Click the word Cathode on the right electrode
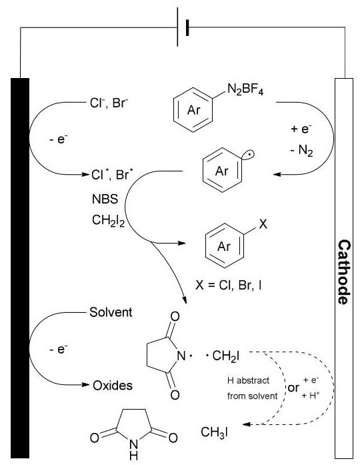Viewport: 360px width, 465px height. (344, 272)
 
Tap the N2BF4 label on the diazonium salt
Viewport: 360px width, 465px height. (245, 89)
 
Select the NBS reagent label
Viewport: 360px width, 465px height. (105, 199)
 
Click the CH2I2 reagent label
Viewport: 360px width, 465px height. (108, 221)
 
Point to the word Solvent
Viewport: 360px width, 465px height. (111, 312)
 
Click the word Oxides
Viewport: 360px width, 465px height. (113, 386)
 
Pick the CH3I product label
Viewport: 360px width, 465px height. (215, 433)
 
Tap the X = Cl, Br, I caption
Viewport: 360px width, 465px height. (229, 286)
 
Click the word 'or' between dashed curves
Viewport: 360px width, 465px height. (293, 388)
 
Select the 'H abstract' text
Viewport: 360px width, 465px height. (248, 380)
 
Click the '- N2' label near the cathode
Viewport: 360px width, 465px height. (301, 151)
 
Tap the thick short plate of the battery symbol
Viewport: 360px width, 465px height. (187, 27)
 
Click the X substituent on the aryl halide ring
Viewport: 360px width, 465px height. (263, 224)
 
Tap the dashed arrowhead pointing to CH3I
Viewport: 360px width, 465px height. (247, 424)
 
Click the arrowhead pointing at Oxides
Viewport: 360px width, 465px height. (85, 385)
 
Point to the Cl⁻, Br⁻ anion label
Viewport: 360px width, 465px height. (109, 103)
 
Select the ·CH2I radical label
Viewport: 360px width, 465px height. (223, 356)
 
